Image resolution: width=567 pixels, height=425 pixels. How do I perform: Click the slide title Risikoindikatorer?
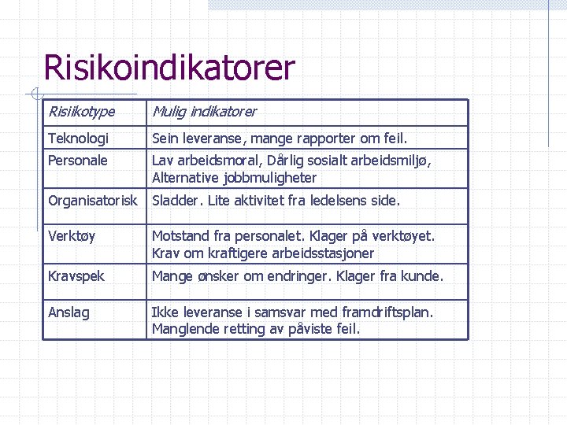tap(169, 68)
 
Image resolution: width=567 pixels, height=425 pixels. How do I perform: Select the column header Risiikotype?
tap(81, 112)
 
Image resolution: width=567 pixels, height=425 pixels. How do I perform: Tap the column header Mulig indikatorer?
tap(204, 112)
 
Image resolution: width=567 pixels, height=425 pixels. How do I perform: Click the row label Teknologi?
tap(78, 139)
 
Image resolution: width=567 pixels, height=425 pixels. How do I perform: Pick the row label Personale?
tap(78, 161)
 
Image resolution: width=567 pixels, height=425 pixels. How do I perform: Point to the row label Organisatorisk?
tap(93, 201)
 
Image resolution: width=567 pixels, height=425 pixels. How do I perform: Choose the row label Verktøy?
tap(71, 236)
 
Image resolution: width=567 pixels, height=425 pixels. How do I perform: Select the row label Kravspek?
tap(76, 276)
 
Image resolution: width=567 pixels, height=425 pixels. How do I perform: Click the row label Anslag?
tap(69, 312)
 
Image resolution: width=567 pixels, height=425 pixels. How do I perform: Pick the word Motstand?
tap(180, 236)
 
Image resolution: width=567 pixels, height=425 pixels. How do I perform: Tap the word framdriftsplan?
tap(384, 312)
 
